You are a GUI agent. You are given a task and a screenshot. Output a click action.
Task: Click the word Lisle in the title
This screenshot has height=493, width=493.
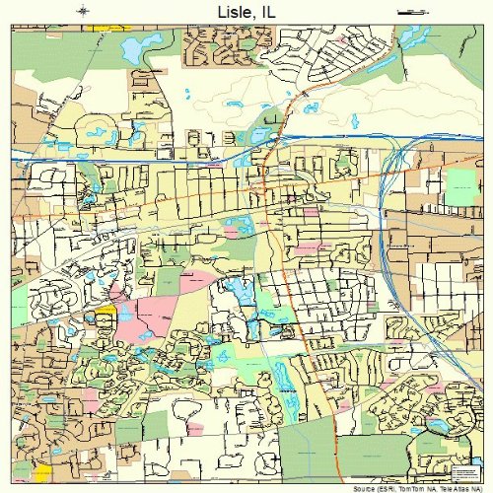tap(229, 12)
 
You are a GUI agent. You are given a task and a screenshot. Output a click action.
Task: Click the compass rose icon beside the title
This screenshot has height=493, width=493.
tap(85, 11)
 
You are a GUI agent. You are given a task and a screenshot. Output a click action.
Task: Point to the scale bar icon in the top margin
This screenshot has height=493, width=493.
tap(406, 11)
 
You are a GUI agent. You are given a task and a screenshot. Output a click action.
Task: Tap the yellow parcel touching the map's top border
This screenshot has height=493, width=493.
tap(100, 27)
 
